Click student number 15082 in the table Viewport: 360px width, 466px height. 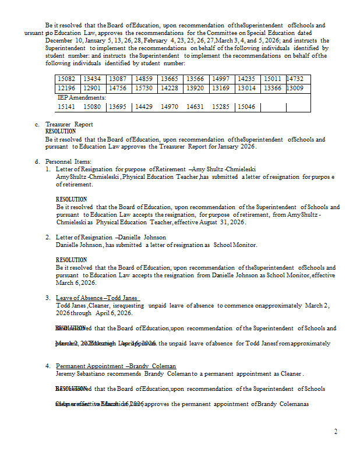point(66,79)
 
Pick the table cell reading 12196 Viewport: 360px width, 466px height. point(66,88)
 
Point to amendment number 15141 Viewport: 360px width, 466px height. point(66,107)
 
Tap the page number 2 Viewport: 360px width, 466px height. point(336,432)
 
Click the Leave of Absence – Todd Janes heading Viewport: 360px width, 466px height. point(96,298)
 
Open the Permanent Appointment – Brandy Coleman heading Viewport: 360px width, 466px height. point(115,366)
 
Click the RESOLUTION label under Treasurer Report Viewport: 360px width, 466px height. point(61,132)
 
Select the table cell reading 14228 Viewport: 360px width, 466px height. point(170,88)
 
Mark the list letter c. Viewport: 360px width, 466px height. point(37,125)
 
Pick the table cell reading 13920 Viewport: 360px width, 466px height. point(195,88)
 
